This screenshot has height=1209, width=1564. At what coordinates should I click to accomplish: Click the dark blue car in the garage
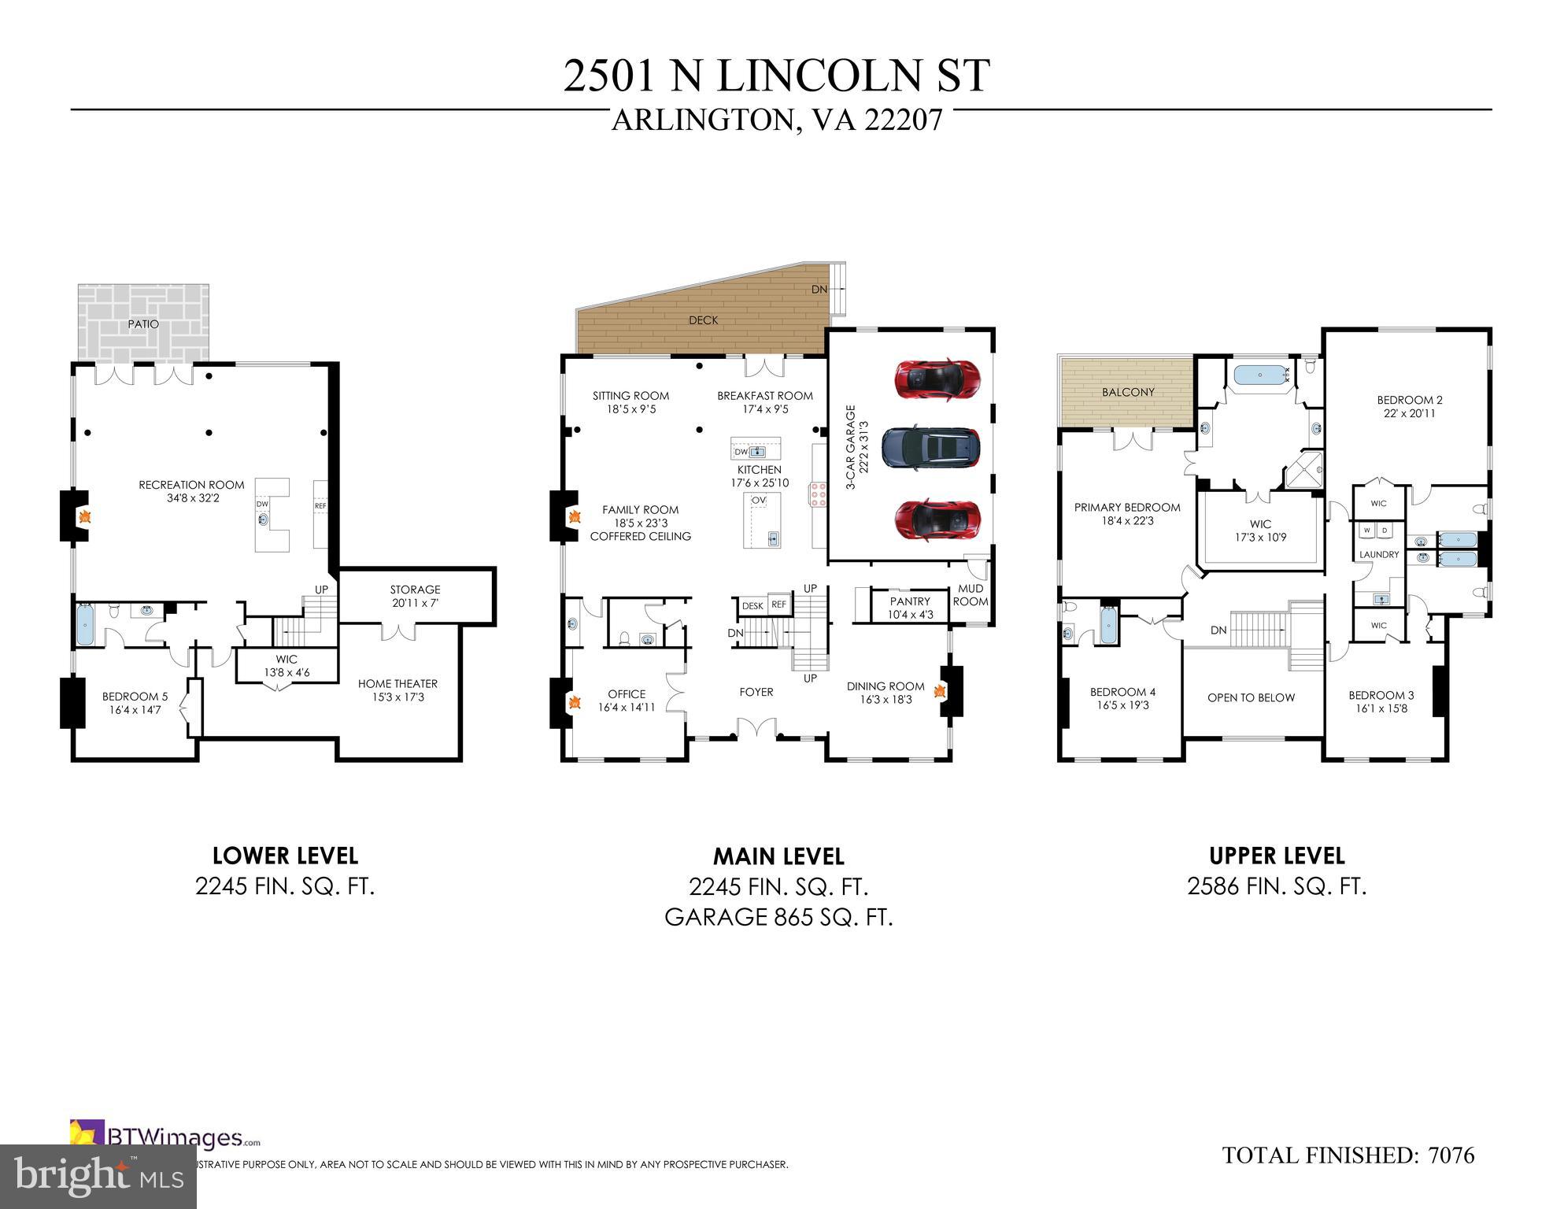(931, 448)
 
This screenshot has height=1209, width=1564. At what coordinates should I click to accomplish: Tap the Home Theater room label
(397, 684)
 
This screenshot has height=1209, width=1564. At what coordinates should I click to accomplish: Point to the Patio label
(143, 324)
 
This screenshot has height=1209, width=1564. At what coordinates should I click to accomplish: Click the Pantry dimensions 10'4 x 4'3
(910, 615)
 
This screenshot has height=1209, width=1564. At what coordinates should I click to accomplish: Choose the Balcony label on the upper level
(1128, 392)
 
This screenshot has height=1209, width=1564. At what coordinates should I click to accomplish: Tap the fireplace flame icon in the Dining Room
(939, 691)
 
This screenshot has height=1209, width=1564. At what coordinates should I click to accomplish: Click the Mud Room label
(970, 595)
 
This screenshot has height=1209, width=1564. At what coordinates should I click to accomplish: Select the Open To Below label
(1251, 697)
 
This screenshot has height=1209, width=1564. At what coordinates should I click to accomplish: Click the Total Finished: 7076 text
(1348, 1155)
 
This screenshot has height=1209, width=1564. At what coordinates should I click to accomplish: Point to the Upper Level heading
(1277, 856)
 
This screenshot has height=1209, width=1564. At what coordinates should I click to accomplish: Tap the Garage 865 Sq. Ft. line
(778, 918)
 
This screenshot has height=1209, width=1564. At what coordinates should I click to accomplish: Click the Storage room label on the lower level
(415, 590)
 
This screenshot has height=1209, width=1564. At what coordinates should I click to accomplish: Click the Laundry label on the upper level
(1378, 555)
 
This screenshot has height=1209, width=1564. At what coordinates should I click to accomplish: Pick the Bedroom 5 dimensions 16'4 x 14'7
(135, 710)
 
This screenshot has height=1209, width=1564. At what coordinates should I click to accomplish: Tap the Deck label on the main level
(703, 320)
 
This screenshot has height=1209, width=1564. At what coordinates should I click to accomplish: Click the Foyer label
(756, 692)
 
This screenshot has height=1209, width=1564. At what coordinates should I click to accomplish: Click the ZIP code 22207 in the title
(903, 120)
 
